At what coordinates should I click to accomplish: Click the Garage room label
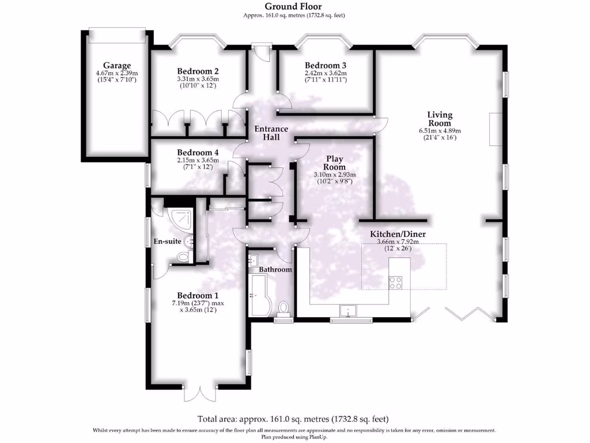[117, 65]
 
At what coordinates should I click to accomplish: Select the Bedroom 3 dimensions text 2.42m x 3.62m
[326, 73]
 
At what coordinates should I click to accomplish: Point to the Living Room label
[440, 119]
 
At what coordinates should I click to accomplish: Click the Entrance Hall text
[271, 133]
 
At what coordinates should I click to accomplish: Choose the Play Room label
[335, 163]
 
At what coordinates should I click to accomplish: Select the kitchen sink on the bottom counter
[348, 311]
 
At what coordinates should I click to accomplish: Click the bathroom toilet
[283, 308]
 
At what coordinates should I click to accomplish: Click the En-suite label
[167, 241]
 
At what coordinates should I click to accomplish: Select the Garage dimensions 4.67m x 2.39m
[117, 74]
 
